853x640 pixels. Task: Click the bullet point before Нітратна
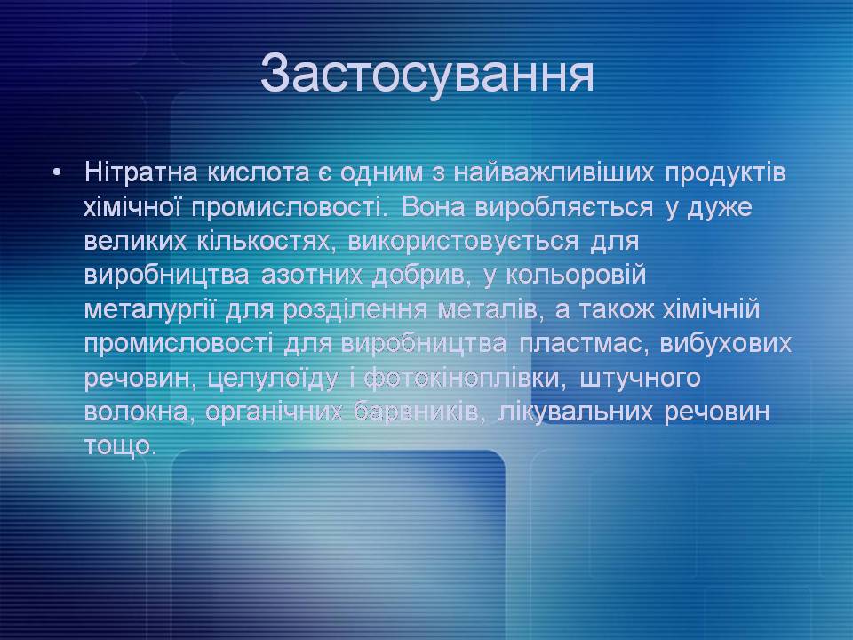click(57, 173)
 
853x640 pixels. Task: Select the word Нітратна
click(141, 172)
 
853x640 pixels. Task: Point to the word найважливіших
click(554, 173)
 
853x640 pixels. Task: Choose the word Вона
click(433, 207)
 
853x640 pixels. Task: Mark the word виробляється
click(564, 207)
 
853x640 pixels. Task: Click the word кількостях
click(267, 241)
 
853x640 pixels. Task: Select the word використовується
click(463, 241)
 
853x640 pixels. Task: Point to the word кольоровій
click(576, 276)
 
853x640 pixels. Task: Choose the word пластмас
click(584, 344)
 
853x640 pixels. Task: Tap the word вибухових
click(726, 344)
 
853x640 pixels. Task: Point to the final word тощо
click(121, 446)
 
